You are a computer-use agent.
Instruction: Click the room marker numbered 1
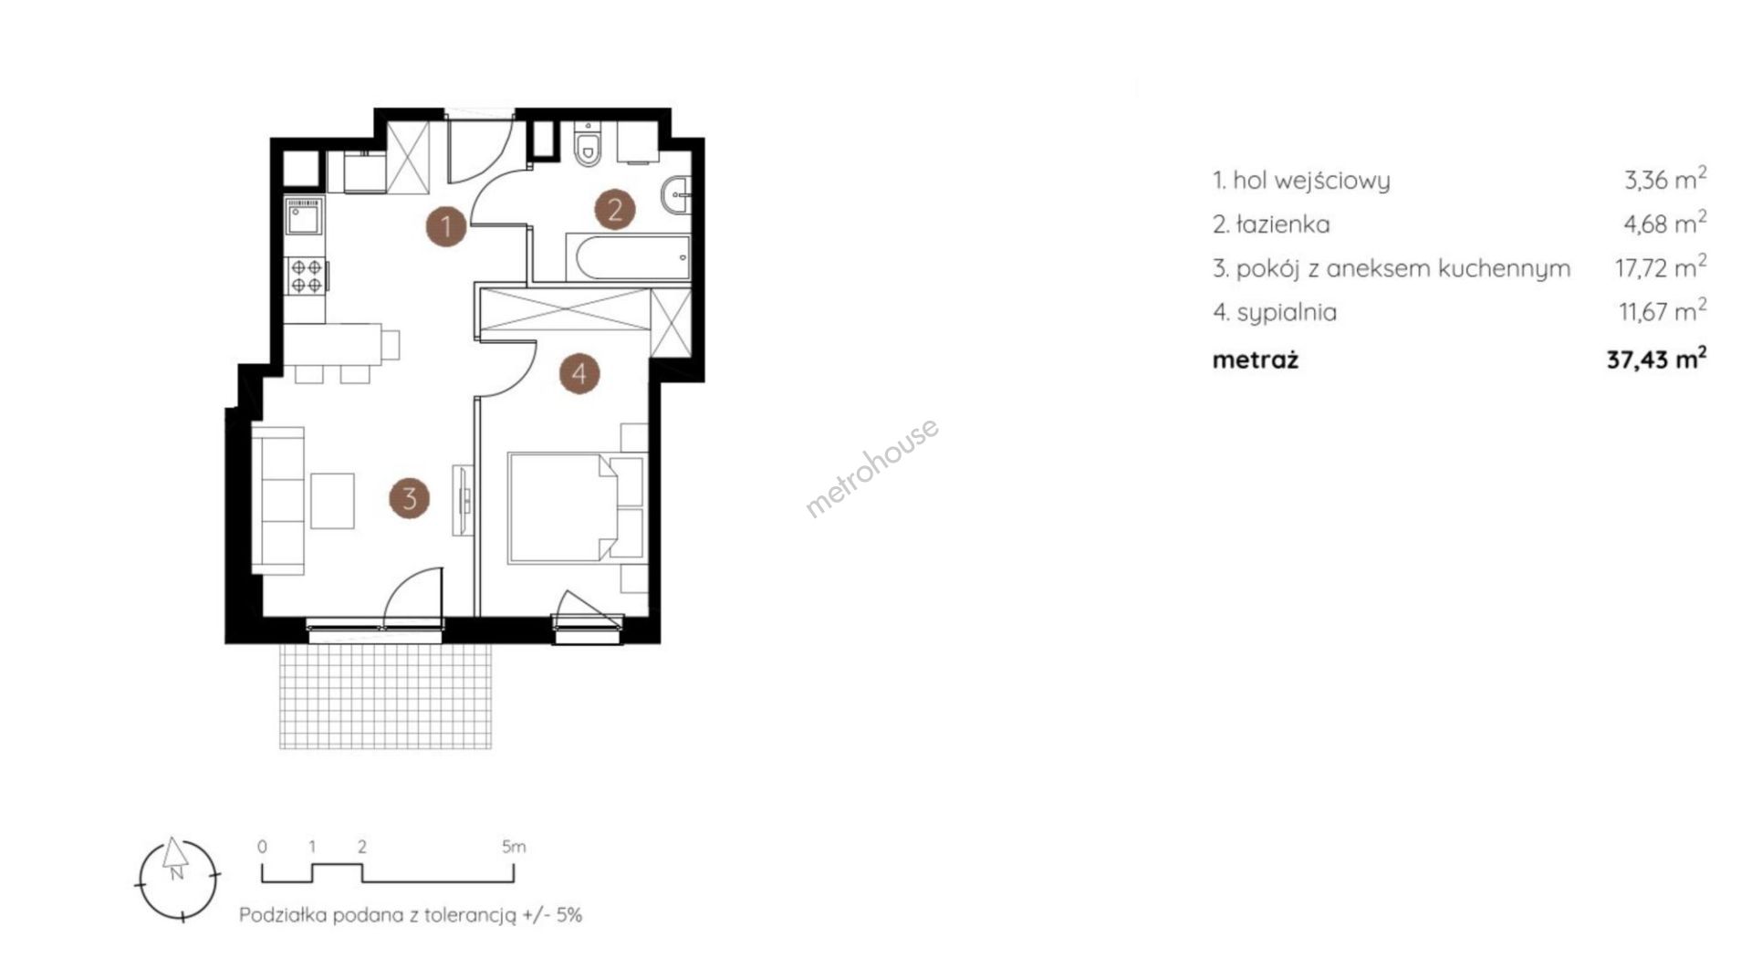(x=446, y=224)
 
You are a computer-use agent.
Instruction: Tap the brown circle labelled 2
(x=615, y=210)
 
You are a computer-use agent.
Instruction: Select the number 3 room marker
(x=409, y=498)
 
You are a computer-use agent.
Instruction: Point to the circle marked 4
(x=579, y=372)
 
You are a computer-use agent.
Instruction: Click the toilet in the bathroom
(x=589, y=145)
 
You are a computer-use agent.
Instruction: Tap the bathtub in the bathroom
(x=629, y=257)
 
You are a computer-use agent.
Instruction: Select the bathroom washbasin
(x=676, y=194)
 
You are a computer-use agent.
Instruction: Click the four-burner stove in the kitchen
(x=306, y=276)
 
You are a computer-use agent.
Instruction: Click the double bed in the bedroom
(x=577, y=505)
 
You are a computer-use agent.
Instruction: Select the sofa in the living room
(x=278, y=500)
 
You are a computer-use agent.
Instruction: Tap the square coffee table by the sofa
(x=332, y=500)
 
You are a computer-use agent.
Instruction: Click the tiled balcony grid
(x=386, y=696)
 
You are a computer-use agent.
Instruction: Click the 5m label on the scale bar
(x=514, y=847)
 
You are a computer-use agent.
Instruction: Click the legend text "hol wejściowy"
(x=1311, y=180)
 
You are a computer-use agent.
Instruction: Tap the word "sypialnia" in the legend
(x=1287, y=313)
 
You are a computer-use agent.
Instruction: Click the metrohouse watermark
(x=871, y=468)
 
